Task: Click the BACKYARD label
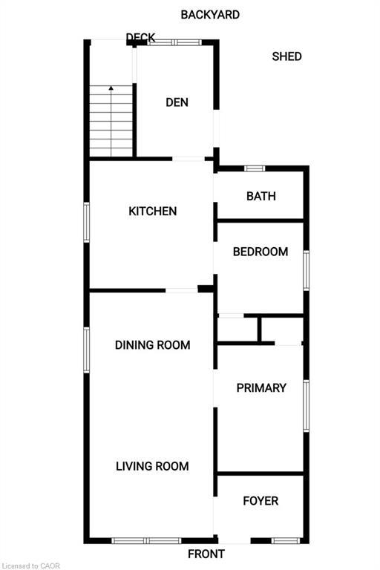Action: (x=210, y=14)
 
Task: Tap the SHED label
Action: (x=286, y=56)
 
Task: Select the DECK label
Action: (x=140, y=38)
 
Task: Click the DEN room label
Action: (x=177, y=102)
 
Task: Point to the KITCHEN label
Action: (x=153, y=211)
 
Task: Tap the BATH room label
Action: (x=261, y=196)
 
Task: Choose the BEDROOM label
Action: (x=261, y=252)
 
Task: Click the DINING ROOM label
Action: (x=153, y=344)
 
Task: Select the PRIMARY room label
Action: (x=261, y=387)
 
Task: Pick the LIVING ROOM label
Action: (x=152, y=466)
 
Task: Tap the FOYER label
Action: (x=261, y=501)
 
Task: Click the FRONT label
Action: (x=206, y=554)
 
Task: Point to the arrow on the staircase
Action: (x=111, y=88)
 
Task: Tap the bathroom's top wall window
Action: (x=255, y=168)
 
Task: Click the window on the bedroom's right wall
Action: (x=306, y=270)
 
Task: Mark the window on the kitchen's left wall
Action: (x=87, y=222)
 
